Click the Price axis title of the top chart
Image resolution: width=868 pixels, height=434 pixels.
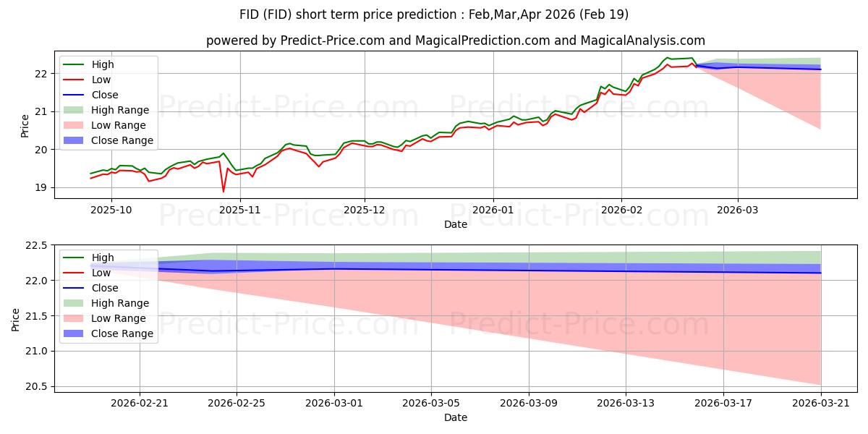(x=25, y=125)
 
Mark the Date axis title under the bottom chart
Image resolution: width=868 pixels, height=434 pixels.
(x=456, y=417)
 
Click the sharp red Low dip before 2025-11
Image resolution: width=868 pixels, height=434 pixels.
(x=223, y=191)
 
